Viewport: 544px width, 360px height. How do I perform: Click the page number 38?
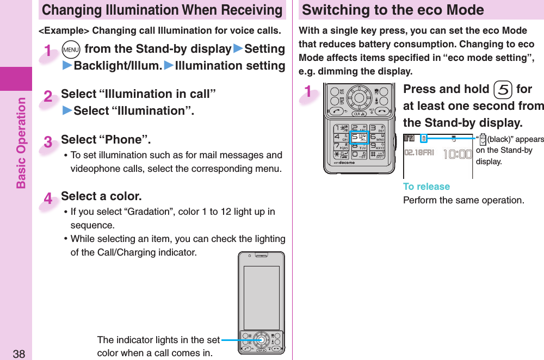18,353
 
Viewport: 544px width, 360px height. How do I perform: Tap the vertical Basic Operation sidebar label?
21,142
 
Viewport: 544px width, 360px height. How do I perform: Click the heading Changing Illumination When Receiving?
162,10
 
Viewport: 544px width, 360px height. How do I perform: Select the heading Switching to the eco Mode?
393,10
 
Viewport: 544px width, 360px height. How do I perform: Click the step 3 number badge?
48,143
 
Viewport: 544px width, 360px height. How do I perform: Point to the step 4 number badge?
48,200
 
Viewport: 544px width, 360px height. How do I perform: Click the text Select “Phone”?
106,140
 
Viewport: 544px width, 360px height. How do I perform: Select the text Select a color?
101,196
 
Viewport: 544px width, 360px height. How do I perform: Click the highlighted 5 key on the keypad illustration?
359,137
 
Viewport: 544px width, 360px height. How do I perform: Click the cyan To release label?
426,187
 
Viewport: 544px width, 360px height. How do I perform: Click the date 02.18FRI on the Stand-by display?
418,153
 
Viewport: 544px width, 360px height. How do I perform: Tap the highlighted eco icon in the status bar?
424,139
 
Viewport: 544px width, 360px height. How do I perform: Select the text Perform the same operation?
463,200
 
